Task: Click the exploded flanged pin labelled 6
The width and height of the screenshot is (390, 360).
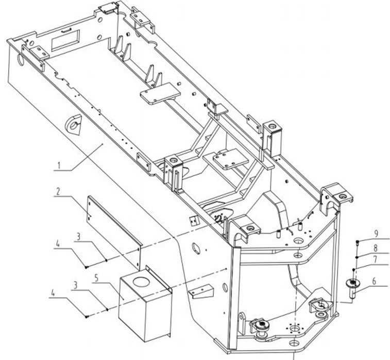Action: [352, 287]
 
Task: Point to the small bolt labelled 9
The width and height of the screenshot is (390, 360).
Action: [357, 241]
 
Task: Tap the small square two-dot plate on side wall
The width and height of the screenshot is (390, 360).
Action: [195, 221]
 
